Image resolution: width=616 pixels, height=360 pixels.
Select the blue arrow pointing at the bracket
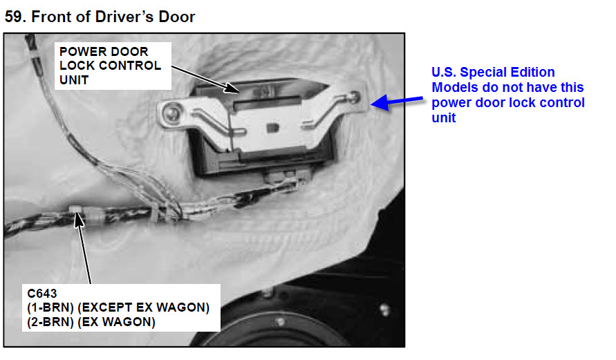(397, 102)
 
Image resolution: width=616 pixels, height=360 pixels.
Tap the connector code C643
(42, 293)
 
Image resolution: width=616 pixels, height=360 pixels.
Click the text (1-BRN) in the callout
(50, 307)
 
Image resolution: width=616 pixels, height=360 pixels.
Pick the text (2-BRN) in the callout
(50, 322)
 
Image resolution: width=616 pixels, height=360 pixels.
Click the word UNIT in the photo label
(74, 80)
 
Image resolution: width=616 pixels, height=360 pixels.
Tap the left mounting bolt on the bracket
(172, 113)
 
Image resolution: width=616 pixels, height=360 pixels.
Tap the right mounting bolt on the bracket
(354, 97)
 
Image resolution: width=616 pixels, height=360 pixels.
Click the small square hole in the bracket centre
(272, 128)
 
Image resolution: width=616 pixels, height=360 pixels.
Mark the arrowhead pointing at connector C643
(79, 220)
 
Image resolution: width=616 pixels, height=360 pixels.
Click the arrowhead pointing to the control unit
(232, 88)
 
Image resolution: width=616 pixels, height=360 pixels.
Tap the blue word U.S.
(444, 73)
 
